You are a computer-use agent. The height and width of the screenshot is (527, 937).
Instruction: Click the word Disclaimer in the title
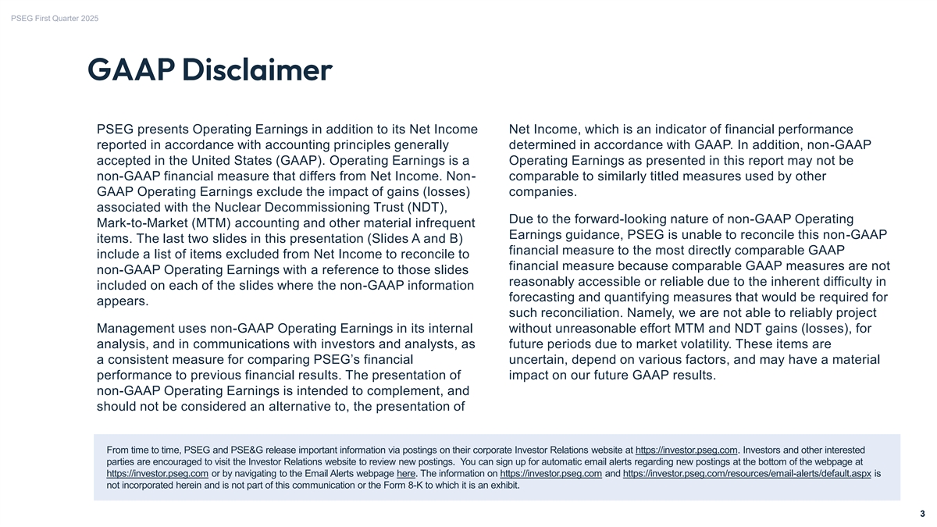[x=257, y=70]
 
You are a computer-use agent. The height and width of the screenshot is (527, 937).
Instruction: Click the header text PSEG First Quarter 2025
[x=55, y=18]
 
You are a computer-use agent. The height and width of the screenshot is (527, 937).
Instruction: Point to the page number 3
[x=922, y=514]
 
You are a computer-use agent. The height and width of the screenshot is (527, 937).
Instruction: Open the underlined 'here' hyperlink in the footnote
[x=405, y=473]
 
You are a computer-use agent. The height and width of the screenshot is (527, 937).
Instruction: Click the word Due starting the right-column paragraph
[x=522, y=219]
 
